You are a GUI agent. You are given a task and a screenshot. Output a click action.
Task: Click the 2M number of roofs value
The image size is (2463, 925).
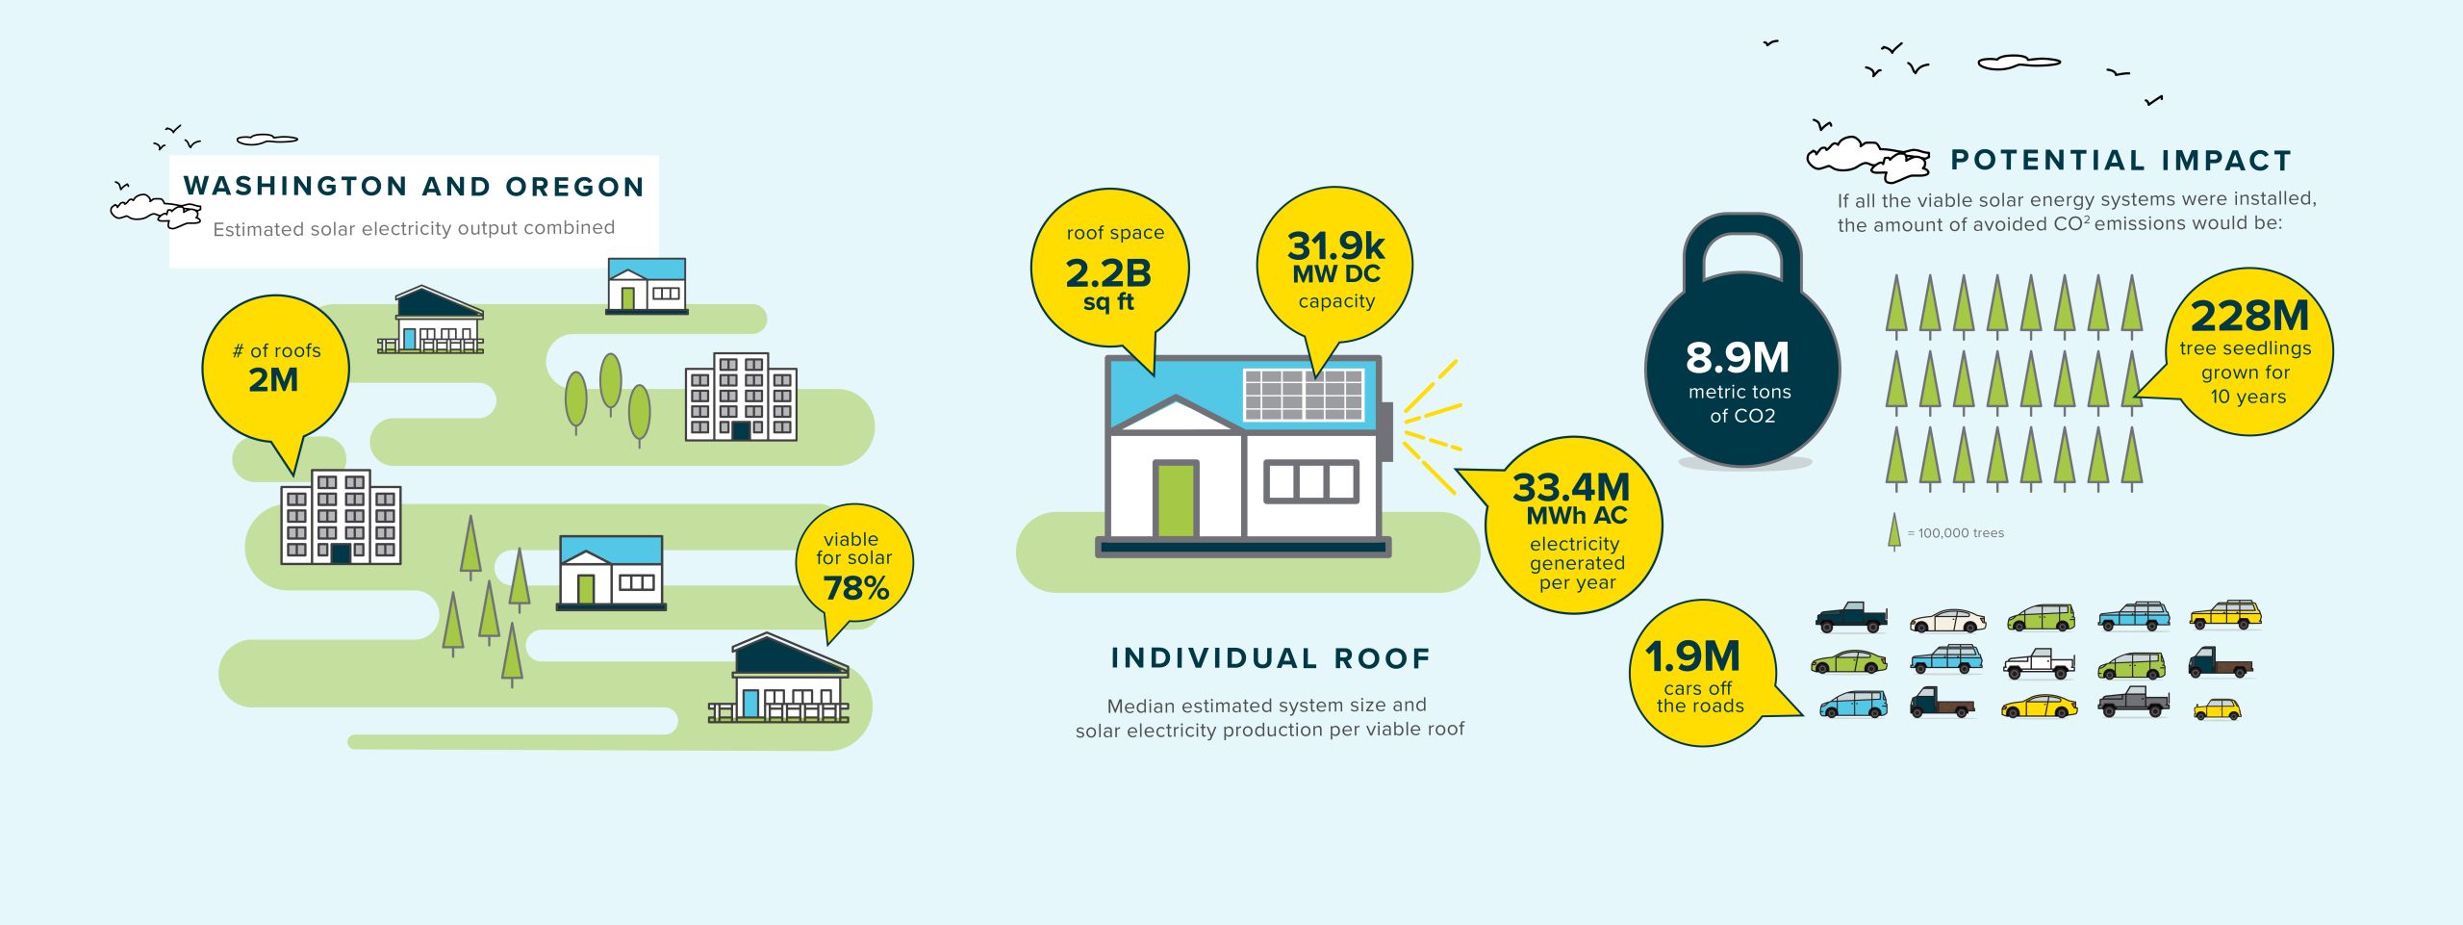coord(273,380)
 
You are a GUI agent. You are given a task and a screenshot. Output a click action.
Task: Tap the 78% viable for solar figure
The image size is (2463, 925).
coord(856,588)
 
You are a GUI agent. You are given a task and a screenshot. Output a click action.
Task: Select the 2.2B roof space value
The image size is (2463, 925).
coord(1108,273)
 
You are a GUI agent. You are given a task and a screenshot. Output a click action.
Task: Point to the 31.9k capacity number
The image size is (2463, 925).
coord(1335,246)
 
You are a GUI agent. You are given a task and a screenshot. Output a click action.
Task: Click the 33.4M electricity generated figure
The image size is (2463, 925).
coord(1571,488)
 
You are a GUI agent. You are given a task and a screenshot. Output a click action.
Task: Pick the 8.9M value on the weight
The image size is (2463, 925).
coord(1738,358)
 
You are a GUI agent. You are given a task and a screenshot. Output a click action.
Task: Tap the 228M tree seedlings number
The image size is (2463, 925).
coord(2249,316)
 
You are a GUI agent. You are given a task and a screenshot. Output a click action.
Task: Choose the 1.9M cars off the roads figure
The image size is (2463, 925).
coord(1693,657)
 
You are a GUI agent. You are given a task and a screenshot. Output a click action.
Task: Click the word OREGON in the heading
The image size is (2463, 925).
coord(575,187)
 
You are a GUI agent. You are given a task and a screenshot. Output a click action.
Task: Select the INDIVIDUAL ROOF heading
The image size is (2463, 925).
coord(1271,658)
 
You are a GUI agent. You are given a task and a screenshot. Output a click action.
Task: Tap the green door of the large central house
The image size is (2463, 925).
coord(1175,499)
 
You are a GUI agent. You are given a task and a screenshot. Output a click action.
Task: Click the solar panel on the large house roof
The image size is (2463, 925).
coord(1304,395)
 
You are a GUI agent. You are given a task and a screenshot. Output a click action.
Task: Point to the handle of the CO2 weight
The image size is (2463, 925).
coord(1742,231)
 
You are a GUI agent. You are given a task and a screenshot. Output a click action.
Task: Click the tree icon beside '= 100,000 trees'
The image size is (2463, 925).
coord(1894,531)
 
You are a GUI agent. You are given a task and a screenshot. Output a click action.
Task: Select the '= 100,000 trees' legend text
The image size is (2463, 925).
coord(1956,533)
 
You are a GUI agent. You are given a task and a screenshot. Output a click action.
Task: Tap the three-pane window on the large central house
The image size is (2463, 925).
coord(1311,481)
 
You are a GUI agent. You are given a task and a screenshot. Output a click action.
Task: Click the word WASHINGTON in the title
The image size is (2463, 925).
coord(295,187)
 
